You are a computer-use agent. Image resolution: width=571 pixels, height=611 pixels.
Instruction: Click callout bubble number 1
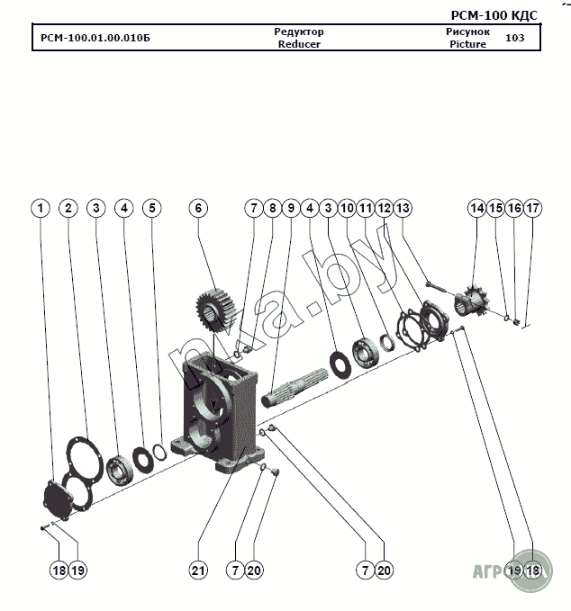pos(40,208)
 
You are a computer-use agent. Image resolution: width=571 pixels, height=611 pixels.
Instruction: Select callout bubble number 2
pos(68,208)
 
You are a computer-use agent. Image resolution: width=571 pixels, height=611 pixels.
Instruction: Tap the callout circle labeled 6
pos(198,208)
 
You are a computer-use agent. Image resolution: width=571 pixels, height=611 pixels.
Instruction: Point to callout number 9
pos(290,208)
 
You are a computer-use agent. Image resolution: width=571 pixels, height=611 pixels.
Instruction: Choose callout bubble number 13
pos(403,208)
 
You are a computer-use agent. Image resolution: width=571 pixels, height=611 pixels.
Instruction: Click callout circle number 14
pos(476,208)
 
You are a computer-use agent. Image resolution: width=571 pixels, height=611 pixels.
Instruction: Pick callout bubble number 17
pos(533,208)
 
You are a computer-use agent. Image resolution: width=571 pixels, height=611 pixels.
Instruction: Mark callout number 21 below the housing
pos(198,570)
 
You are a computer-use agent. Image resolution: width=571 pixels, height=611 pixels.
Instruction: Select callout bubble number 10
pos(347,208)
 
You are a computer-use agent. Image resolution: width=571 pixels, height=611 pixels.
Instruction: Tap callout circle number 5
pos(152,208)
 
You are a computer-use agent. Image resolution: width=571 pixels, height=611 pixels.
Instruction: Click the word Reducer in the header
pos(299,44)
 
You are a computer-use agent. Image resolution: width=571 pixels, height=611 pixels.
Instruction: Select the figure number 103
pos(515,38)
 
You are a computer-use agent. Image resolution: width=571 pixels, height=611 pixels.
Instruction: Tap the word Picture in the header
pos(467,44)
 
